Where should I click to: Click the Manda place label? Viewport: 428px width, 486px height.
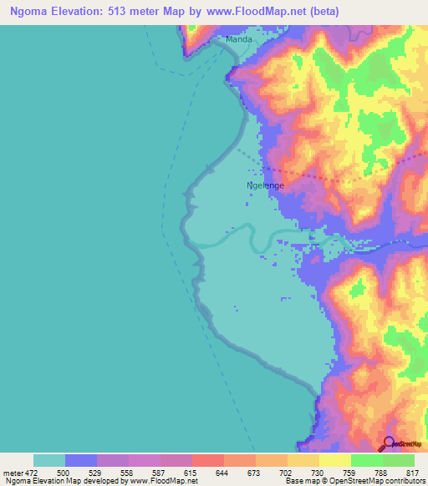(x=239, y=39)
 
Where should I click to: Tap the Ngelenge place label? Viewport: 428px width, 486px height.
(x=265, y=185)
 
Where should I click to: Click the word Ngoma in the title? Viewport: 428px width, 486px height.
(x=33, y=12)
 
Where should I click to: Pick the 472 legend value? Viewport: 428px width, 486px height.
(x=31, y=473)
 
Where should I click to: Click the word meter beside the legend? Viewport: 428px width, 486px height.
(x=12, y=473)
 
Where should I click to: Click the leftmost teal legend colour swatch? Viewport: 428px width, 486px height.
(x=49, y=460)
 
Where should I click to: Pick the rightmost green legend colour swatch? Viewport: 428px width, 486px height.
(x=398, y=460)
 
